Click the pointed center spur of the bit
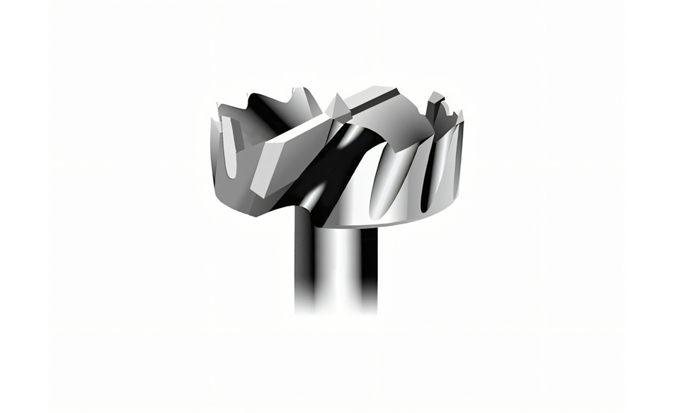pos(335,105)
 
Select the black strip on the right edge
pos(648,206)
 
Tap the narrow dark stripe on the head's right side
pos(427,172)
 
